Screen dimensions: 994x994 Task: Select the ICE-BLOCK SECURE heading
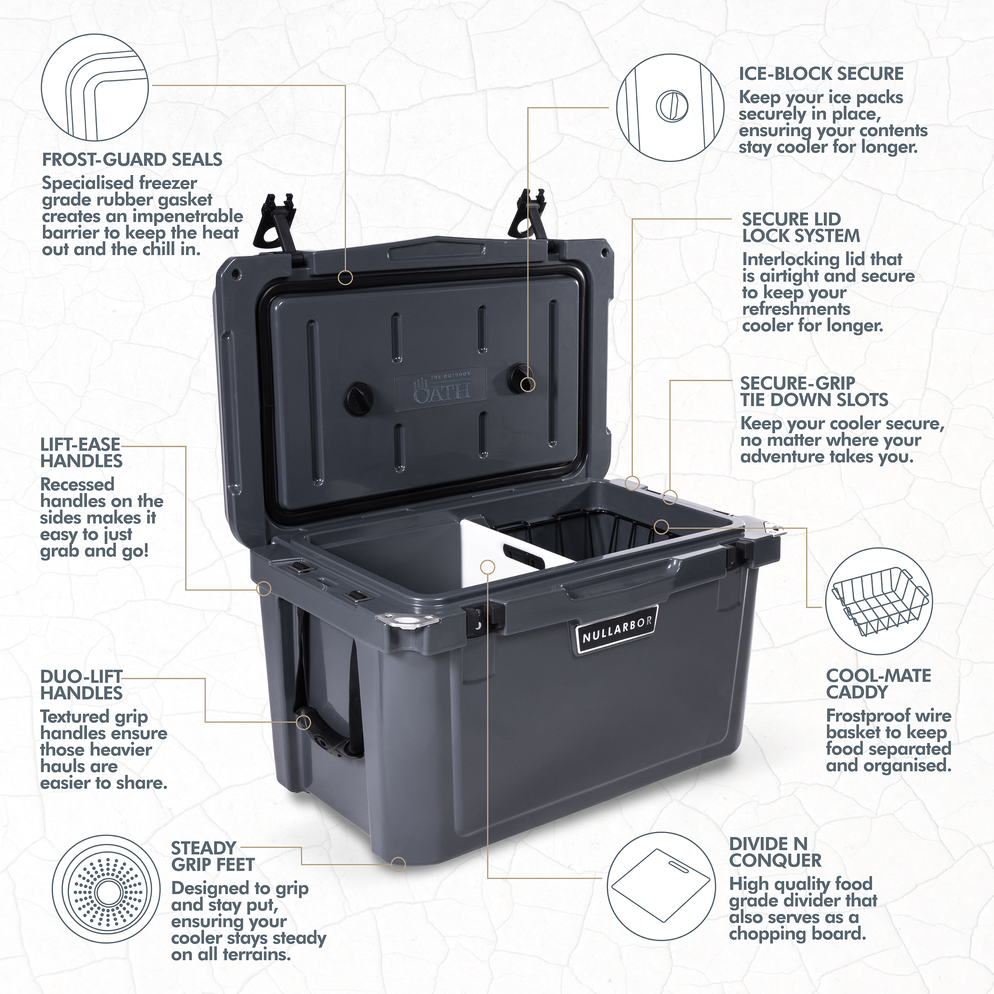coord(821,74)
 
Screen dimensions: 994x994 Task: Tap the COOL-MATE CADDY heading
coord(879,684)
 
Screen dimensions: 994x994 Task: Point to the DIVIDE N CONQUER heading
coord(775,852)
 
